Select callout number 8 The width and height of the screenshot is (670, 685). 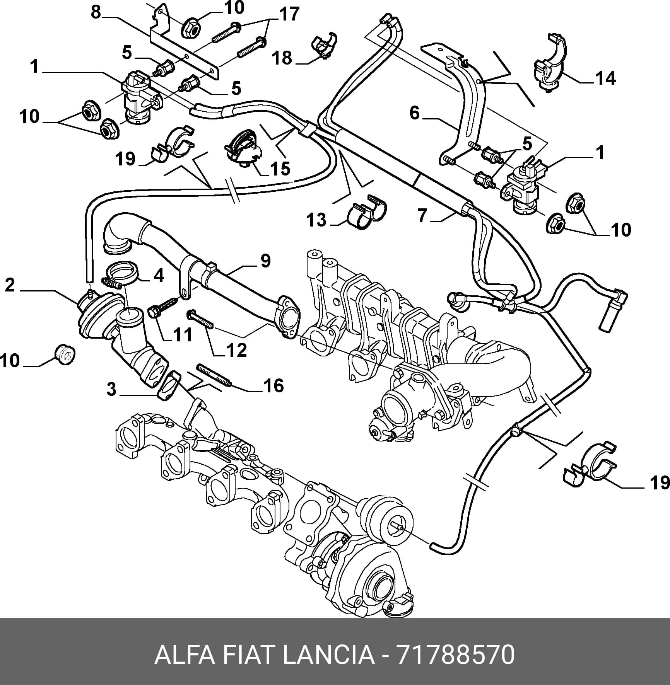point(96,13)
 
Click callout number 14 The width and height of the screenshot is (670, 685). point(605,79)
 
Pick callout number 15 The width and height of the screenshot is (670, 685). point(280,169)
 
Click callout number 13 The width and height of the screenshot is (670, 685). point(316,220)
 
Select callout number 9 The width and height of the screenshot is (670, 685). point(265,261)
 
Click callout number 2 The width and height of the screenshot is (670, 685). point(10,285)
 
